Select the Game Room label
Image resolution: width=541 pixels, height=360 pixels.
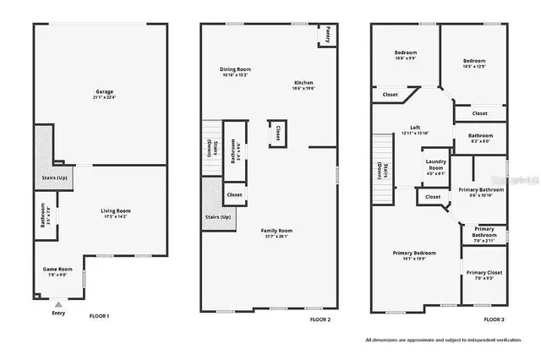coord(58,271)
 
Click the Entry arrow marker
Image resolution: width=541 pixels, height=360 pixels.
coord(57,303)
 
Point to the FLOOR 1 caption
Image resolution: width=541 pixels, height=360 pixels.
coord(99,316)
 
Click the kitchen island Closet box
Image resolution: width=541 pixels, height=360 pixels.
coord(277,132)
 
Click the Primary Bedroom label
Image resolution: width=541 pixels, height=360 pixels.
coord(414,255)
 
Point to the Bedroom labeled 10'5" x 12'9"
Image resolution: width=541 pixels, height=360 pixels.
coord(473,63)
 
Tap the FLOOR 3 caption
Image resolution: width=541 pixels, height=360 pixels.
coord(493,319)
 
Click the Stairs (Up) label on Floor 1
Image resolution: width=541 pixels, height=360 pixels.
coord(54,178)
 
